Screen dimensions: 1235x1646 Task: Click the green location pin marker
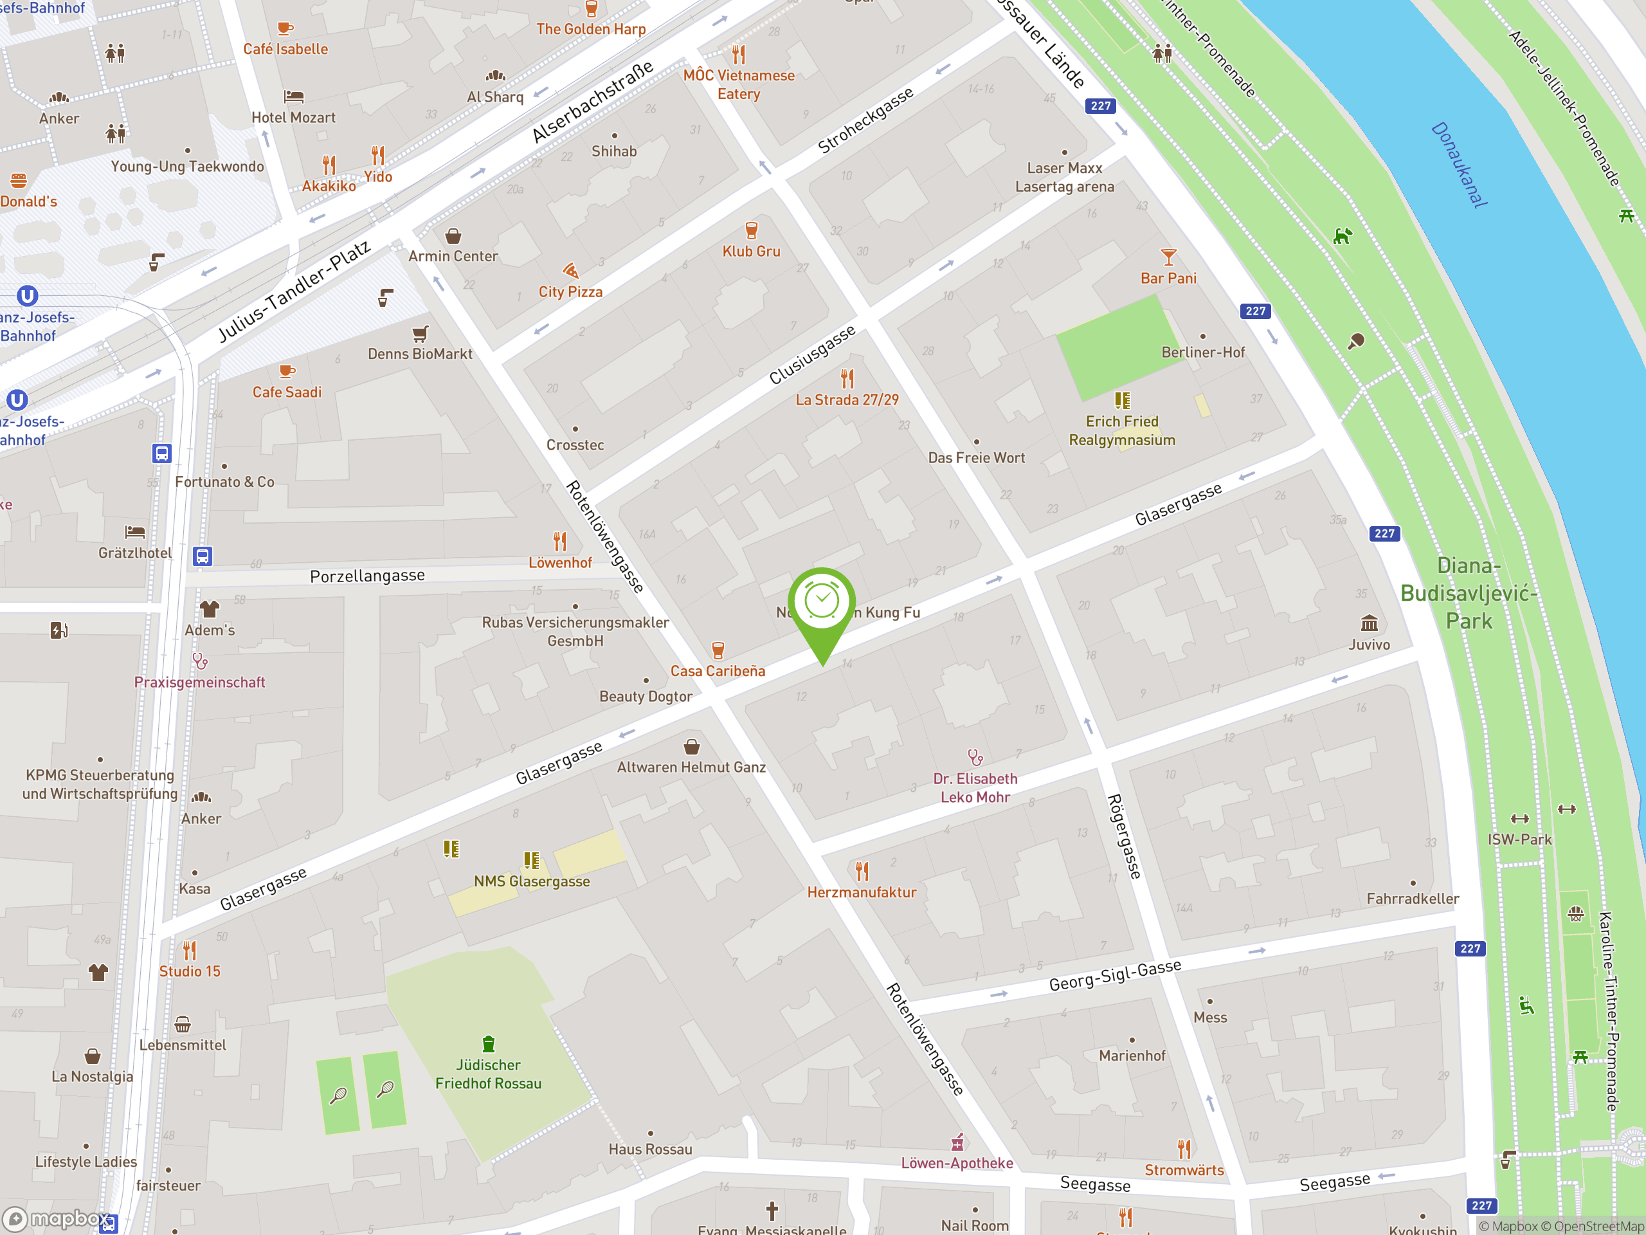click(x=822, y=606)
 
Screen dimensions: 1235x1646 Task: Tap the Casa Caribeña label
click(x=718, y=671)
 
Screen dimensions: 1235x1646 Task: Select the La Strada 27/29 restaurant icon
click(x=847, y=379)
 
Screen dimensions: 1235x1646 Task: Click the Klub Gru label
click(x=751, y=252)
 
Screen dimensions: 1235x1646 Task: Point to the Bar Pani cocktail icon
click(x=1168, y=257)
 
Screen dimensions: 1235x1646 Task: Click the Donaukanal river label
click(x=1458, y=165)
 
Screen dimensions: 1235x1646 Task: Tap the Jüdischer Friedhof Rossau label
click(x=488, y=1074)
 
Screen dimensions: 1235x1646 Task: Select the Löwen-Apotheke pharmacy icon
click(x=957, y=1142)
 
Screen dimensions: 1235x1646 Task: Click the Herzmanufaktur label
click(x=862, y=892)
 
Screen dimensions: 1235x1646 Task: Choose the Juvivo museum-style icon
click(x=1369, y=623)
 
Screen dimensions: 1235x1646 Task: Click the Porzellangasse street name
click(x=367, y=576)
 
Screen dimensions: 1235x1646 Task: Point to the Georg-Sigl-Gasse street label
click(x=1115, y=975)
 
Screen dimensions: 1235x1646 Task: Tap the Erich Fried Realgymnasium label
click(x=1121, y=430)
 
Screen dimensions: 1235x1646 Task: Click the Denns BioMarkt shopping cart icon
click(x=420, y=333)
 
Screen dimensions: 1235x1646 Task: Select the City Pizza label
click(x=570, y=292)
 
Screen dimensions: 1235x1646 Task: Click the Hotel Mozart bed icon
click(x=293, y=96)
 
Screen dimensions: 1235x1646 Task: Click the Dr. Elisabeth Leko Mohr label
click(x=975, y=787)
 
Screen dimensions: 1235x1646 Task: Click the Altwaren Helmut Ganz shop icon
click(x=691, y=747)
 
